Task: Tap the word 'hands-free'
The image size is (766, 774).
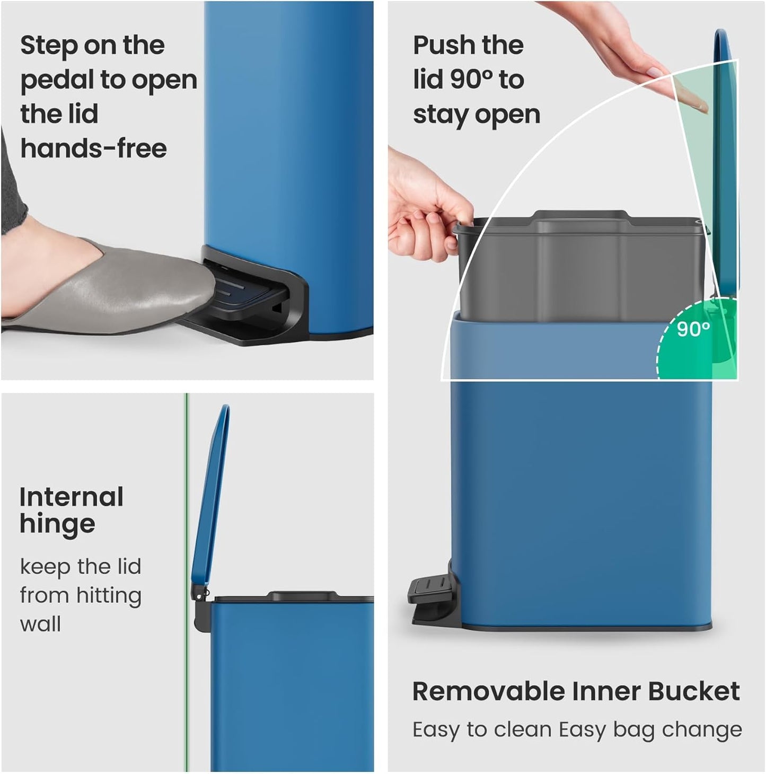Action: click(93, 148)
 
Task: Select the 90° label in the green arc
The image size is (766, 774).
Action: click(693, 329)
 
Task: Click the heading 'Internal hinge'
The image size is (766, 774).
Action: click(71, 511)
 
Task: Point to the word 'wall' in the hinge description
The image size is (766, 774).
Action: click(40, 624)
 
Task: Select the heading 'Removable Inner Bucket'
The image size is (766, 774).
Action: click(576, 691)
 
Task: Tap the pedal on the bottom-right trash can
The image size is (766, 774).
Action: click(427, 588)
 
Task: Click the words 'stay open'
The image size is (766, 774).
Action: click(476, 115)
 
